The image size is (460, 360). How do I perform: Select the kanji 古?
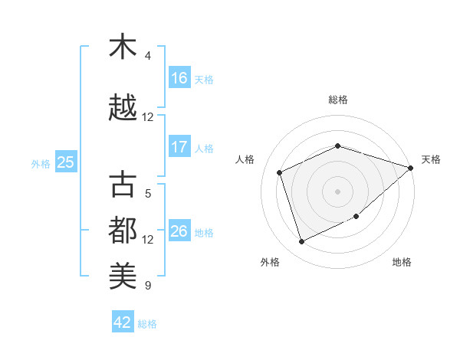click(123, 185)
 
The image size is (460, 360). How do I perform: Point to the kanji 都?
click(123, 229)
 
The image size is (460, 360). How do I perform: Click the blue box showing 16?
click(179, 78)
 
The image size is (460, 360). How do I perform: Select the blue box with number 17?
click(179, 147)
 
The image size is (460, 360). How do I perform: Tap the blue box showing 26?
click(179, 231)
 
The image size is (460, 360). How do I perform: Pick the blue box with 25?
click(65, 162)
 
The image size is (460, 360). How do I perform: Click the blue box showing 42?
click(123, 322)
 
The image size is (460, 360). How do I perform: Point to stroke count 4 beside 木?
click(148, 56)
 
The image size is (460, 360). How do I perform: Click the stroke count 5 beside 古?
click(148, 194)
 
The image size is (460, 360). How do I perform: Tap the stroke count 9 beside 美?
click(148, 286)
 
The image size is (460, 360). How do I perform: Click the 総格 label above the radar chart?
click(337, 100)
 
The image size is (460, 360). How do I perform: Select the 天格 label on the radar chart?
click(431, 159)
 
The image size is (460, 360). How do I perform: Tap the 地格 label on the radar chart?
click(402, 262)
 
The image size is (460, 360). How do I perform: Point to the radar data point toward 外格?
click(302, 242)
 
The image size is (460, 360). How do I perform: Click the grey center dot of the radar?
click(337, 191)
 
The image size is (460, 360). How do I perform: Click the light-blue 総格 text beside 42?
click(147, 324)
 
